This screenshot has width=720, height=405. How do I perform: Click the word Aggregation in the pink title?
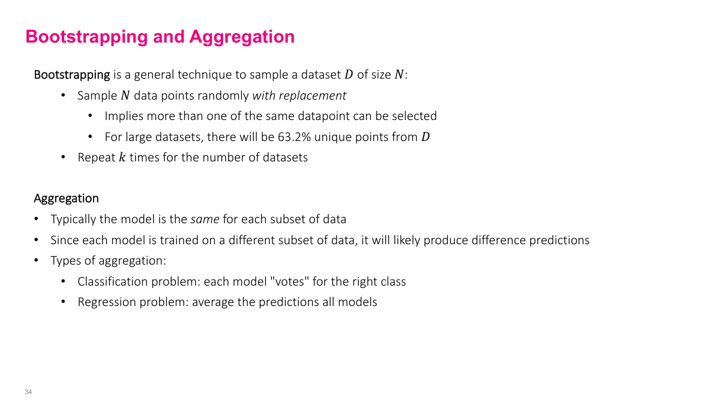click(242, 37)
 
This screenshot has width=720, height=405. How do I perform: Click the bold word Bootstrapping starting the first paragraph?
click(72, 75)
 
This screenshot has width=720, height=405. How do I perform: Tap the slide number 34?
click(28, 392)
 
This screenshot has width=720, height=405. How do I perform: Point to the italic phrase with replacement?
click(299, 95)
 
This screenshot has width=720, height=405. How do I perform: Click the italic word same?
click(205, 219)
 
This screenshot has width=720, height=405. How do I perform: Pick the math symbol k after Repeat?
click(122, 158)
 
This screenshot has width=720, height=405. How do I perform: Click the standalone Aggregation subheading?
click(66, 198)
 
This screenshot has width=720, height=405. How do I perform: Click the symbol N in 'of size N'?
click(399, 75)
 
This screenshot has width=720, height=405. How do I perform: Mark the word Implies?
click(124, 116)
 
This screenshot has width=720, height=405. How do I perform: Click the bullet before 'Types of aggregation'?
click(37, 261)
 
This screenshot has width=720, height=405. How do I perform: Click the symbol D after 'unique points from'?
click(425, 137)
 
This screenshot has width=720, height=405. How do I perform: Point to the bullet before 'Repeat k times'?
click(64, 158)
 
